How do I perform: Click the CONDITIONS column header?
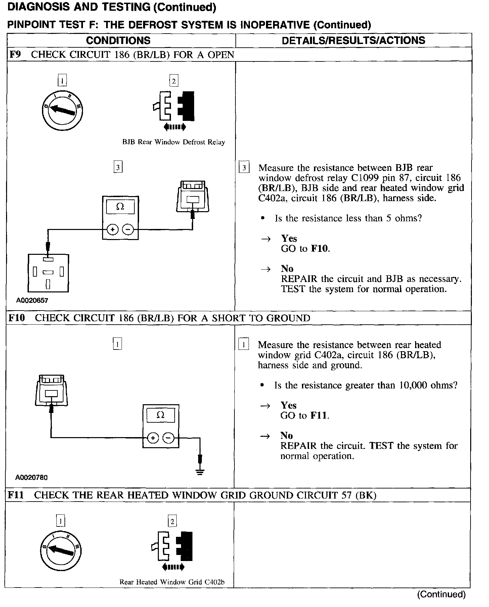coord(118,41)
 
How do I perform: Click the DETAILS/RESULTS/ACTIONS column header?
coord(353,41)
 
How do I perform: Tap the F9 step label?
coord(15,55)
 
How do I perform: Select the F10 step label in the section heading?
coord(17,318)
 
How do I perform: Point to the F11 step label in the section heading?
coord(16,495)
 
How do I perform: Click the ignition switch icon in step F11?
coord(61,551)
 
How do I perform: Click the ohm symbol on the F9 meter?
coord(120,207)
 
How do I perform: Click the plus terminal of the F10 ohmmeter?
coord(153,438)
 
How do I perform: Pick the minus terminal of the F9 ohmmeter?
coord(128,230)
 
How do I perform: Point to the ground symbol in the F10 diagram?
coord(200,472)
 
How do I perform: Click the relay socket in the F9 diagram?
coord(48,273)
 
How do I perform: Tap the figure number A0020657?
coord(32,300)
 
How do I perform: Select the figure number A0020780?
coord(31,477)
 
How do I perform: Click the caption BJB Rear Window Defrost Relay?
coord(173,142)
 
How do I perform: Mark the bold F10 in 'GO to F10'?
coord(320,249)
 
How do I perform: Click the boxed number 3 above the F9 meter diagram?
coord(118,167)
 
